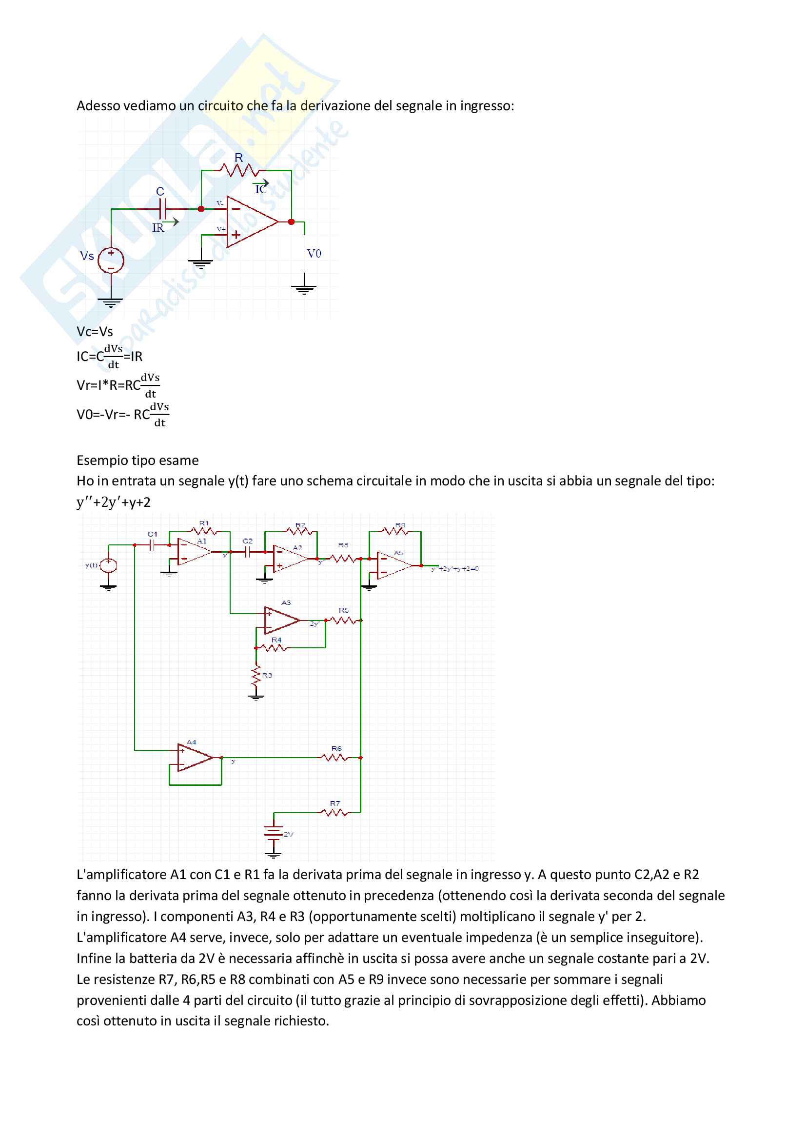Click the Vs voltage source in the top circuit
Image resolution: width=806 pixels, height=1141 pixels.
[111, 260]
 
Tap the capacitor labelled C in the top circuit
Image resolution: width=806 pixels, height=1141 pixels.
[162, 209]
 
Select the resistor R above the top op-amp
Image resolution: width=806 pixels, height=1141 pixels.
[240, 170]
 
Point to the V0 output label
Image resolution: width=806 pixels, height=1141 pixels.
[314, 254]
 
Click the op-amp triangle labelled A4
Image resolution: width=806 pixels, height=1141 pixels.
[194, 758]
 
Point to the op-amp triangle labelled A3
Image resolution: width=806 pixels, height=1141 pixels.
[281, 620]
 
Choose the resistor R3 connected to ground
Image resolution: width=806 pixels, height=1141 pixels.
[256, 675]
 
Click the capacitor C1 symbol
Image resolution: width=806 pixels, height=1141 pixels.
[153, 545]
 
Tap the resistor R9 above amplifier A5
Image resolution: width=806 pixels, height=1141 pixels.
[395, 531]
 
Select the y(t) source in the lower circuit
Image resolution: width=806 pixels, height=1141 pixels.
[108, 565]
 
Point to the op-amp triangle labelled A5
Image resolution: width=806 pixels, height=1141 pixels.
[394, 565]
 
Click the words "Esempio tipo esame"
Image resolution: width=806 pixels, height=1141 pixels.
[138, 460]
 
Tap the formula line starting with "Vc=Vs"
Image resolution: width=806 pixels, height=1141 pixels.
[95, 331]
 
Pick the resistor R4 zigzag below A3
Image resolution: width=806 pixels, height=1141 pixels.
[273, 648]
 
